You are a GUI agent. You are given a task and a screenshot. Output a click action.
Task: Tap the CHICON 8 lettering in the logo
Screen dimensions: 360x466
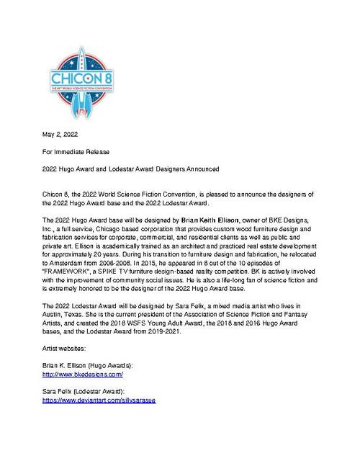pos(77,76)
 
